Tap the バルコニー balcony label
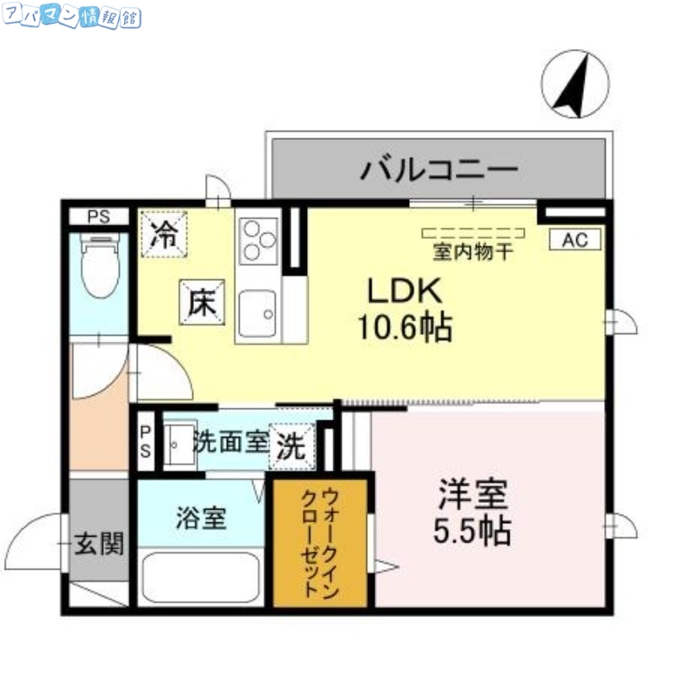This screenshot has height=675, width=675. click(438, 170)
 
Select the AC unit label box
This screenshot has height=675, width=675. click(575, 240)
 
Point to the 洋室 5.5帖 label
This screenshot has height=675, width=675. click(471, 512)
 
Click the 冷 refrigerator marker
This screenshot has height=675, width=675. click(164, 233)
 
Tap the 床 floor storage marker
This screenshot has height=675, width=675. click(202, 301)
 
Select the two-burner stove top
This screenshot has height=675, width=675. click(257, 240)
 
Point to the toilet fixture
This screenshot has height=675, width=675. click(100, 265)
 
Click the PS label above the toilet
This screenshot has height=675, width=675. click(99, 217)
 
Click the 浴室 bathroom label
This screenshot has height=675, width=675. click(201, 517)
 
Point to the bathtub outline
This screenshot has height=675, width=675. click(201, 577)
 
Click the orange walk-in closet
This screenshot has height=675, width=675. click(321, 543)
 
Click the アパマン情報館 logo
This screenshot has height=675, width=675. click(72, 17)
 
